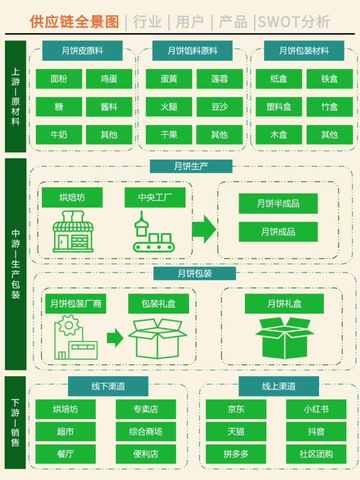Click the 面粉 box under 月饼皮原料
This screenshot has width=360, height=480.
pos(59,79)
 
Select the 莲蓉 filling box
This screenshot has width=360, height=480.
pos(219,79)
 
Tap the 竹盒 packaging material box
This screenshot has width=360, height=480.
pos(329,107)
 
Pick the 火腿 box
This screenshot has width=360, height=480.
pos(169,107)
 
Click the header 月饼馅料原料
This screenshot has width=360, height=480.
pos(192,51)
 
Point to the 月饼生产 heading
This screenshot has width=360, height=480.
pos(191,166)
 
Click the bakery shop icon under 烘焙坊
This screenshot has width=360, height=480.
pos(73,232)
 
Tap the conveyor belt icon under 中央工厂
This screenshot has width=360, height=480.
pos(153,233)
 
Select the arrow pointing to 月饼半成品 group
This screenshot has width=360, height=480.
pos(204,229)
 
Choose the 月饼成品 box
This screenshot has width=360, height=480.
pos(278,232)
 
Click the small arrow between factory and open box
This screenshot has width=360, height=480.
pos(115,338)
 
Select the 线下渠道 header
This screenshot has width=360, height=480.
pos(108,386)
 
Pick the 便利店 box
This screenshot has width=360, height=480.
pos(146,454)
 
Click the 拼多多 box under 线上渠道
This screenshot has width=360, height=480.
pos(236,454)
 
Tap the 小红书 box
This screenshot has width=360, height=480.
pos(316,409)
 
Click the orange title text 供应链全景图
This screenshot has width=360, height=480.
pos(74,22)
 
